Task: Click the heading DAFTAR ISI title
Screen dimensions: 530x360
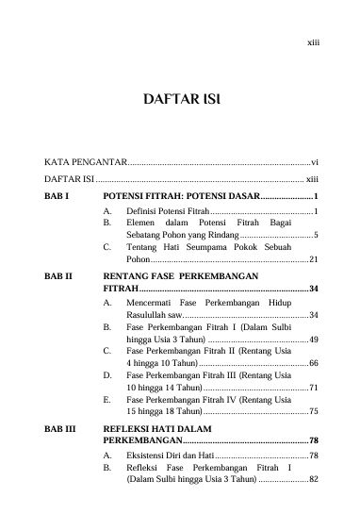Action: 180,100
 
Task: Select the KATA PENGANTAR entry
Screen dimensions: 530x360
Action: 83,162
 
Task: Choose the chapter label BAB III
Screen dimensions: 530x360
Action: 60,427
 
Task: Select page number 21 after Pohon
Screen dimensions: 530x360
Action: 314,258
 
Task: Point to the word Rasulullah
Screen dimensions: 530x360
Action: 148,314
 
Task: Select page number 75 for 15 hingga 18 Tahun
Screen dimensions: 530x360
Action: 314,413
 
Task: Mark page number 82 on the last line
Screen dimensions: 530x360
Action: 314,481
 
